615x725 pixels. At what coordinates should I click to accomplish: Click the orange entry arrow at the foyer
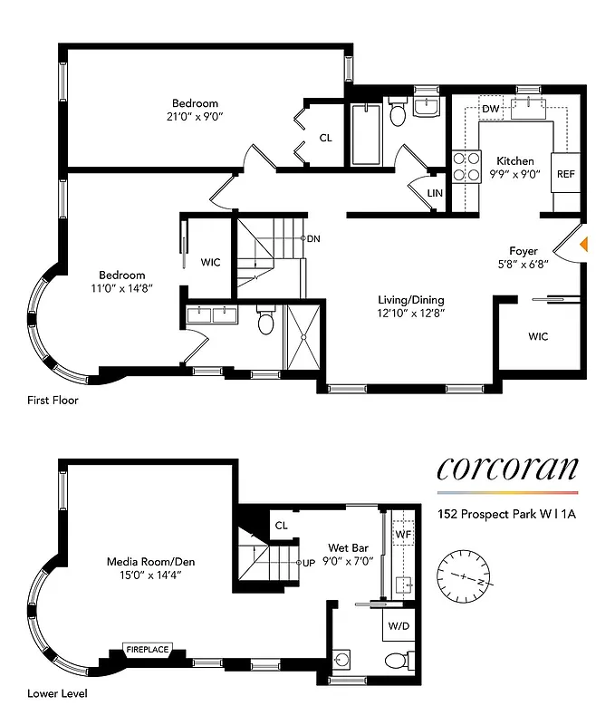(x=584, y=243)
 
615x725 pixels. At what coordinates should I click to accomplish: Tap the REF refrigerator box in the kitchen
(x=565, y=174)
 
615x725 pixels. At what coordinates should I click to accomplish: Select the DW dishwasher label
(x=491, y=110)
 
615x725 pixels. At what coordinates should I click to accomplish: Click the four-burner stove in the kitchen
(x=466, y=166)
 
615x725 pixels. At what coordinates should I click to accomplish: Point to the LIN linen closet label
(x=435, y=193)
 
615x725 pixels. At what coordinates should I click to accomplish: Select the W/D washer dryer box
(x=398, y=626)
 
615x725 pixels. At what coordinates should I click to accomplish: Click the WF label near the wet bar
(x=403, y=535)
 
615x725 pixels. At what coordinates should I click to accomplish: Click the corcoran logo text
(x=507, y=468)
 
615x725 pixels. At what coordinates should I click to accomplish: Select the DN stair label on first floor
(x=313, y=239)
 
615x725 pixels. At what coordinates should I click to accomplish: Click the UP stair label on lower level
(x=308, y=562)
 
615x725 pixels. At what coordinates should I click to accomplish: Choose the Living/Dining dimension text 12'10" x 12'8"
(x=411, y=313)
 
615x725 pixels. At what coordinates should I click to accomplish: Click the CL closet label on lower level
(x=282, y=525)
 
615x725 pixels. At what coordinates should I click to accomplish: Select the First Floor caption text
(x=52, y=400)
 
